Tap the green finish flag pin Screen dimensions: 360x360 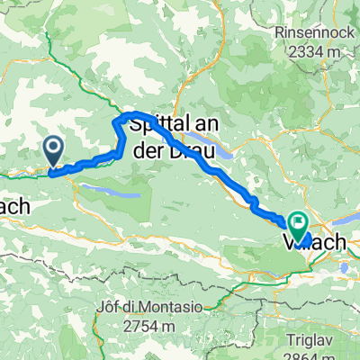pos(297,222)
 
